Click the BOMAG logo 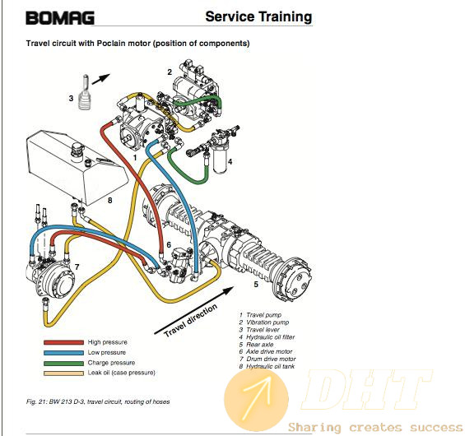click(x=60, y=18)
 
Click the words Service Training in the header click(x=258, y=16)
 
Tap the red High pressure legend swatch click(x=63, y=342)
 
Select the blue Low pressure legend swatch click(x=63, y=353)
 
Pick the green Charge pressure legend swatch click(x=63, y=363)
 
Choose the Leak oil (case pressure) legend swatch click(x=63, y=373)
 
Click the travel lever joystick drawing click(x=84, y=92)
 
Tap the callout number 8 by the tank click(x=109, y=201)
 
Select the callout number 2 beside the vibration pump click(x=170, y=72)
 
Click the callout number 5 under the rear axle click(x=256, y=285)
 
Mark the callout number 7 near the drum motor click(x=77, y=267)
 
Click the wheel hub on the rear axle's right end click(x=293, y=279)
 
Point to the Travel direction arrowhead click(x=228, y=290)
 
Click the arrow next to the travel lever click(x=101, y=79)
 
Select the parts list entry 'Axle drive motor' click(x=266, y=351)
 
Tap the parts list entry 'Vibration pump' click(x=264, y=322)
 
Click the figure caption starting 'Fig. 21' click(x=98, y=402)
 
